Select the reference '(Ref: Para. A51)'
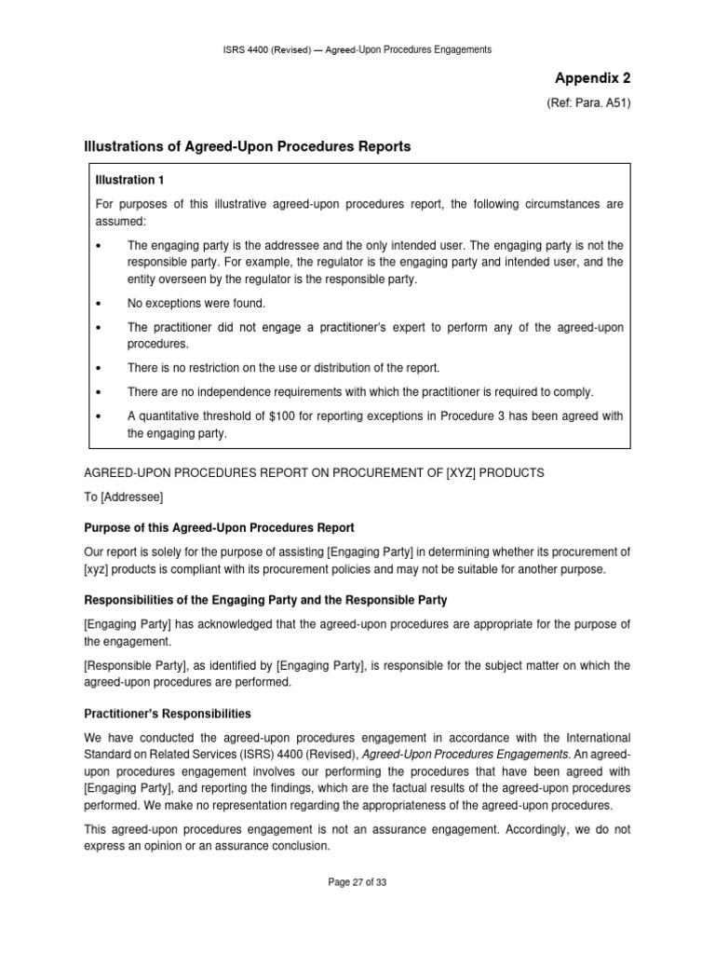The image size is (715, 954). [588, 103]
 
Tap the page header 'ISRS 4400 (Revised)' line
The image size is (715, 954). [357, 49]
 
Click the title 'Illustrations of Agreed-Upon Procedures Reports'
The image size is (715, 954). [249, 146]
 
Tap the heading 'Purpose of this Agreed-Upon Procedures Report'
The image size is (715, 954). [220, 527]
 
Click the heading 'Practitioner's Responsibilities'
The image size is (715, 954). [169, 714]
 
